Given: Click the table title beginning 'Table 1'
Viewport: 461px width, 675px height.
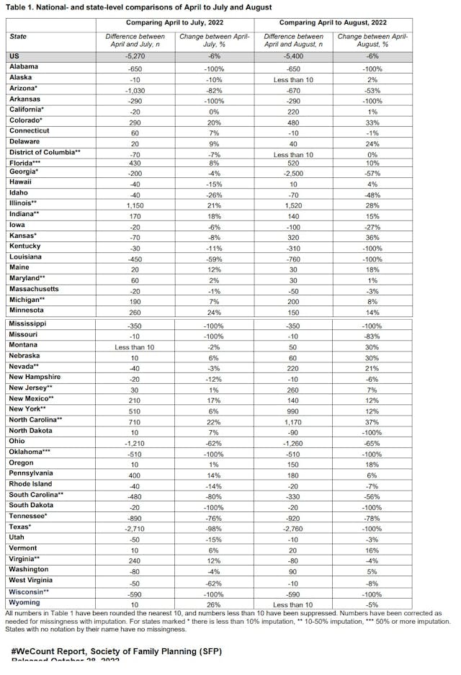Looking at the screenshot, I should [140, 7].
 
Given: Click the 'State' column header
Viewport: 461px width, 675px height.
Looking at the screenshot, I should [19, 36].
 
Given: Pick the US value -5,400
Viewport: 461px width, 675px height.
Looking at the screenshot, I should [300, 55].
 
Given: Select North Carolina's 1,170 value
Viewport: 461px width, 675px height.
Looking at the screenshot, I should [300, 419].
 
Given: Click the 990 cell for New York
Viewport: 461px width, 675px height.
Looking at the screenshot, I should [300, 408].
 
